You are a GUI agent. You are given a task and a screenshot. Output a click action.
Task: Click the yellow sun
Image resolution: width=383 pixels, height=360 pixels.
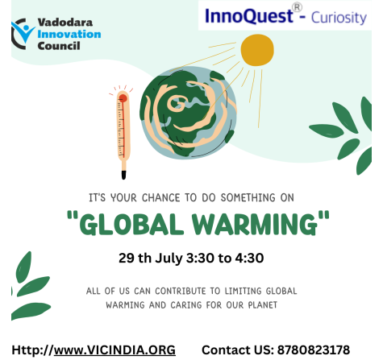point(257,50)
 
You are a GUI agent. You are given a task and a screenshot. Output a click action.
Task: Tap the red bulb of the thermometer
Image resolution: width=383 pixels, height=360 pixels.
point(123,98)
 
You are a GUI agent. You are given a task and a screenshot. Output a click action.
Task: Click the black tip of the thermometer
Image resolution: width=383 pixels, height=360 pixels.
point(123,175)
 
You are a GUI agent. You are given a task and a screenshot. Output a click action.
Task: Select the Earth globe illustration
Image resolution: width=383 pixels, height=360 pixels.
point(188,113)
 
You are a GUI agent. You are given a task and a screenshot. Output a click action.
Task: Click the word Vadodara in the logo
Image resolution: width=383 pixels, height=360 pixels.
point(65,23)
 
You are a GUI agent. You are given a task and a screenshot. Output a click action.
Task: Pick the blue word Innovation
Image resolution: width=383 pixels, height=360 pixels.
point(69,35)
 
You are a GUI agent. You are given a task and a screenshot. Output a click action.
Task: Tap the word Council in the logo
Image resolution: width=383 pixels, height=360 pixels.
point(59,46)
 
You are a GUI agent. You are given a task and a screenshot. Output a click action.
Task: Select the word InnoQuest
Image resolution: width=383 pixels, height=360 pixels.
point(248,16)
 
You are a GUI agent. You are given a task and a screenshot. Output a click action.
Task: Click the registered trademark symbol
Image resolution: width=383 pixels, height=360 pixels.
point(297,7)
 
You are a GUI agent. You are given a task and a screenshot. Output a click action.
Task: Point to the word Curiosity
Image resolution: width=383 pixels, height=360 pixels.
point(339,18)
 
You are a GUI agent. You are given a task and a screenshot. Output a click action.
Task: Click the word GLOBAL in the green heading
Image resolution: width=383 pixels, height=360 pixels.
point(131,225)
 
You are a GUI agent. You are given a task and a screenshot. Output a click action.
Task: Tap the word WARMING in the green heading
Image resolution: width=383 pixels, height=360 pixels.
point(255,225)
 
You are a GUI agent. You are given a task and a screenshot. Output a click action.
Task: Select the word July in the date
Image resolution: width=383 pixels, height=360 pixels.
point(169,259)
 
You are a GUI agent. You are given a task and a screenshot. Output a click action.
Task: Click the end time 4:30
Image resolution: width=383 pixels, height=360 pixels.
point(249,258)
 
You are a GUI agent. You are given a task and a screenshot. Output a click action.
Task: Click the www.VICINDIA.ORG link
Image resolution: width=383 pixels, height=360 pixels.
point(114,350)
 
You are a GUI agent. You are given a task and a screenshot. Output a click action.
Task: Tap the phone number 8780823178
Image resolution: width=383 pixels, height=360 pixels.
point(314,350)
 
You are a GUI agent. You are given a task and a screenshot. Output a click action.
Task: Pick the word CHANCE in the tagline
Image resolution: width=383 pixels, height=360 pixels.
point(160,198)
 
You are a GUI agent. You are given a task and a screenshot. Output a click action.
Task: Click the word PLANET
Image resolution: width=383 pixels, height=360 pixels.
point(263,305)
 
